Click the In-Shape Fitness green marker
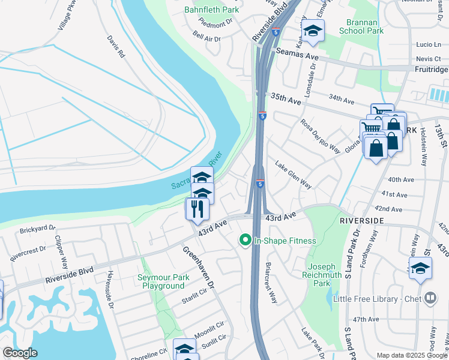pos(245,241)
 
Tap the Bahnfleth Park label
pos(211,10)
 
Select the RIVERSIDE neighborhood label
pos(361,221)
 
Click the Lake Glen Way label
pos(294,175)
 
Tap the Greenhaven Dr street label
pos(198,268)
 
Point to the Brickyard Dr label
pos(37,229)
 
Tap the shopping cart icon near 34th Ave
pos(382,112)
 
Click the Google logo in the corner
pos(20,353)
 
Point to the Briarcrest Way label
pos(271,282)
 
